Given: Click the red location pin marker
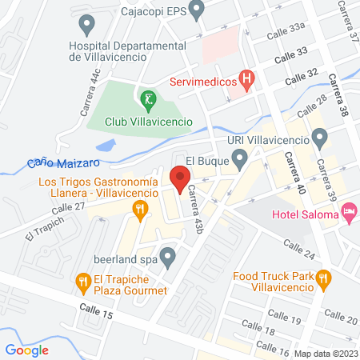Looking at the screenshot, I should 178,178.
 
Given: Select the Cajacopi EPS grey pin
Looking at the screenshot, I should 198,10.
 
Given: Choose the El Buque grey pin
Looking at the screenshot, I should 239,161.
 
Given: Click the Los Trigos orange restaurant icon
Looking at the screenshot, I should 142,211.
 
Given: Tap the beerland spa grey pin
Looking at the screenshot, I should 168,257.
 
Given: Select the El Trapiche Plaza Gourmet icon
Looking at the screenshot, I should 82,280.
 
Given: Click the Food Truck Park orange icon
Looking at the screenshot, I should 323,278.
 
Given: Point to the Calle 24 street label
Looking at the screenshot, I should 298,253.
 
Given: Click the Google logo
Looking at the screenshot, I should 26,349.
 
